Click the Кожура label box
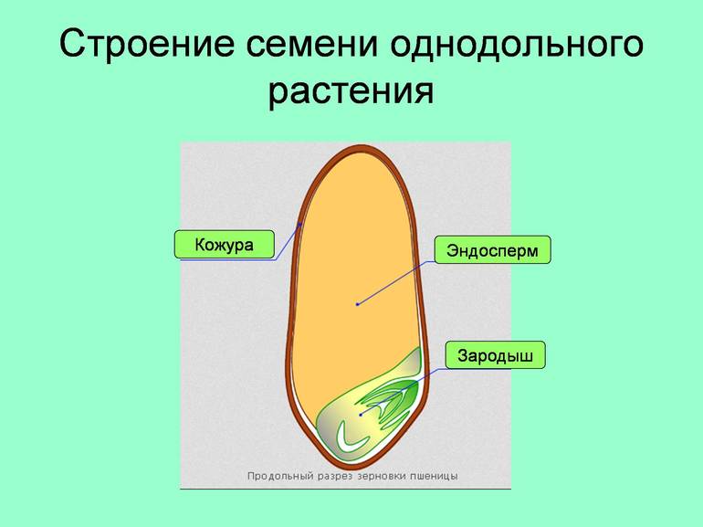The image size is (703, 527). tap(224, 245)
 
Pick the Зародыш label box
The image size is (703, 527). tap(494, 354)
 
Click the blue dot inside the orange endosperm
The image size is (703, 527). tap(357, 304)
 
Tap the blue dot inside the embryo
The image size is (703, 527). tap(362, 414)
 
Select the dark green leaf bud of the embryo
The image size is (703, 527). tap(407, 395)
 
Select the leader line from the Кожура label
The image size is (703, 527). tap(288, 241)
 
